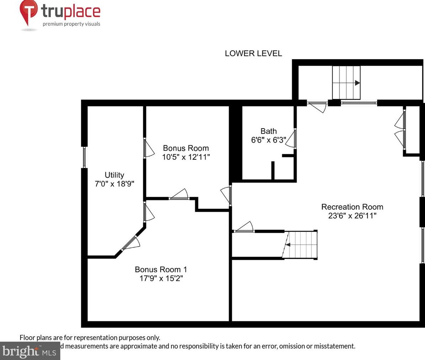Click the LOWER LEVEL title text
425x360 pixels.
point(253,54)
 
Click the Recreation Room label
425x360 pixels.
point(352,207)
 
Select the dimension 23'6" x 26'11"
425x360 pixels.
point(352,216)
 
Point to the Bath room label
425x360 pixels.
point(268,131)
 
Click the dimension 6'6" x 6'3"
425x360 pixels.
point(268,140)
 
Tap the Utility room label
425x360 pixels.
point(114,175)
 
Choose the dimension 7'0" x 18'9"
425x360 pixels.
point(114,184)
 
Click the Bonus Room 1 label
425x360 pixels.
point(160,269)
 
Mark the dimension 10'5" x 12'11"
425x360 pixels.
point(186,157)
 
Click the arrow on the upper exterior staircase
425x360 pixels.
point(357,83)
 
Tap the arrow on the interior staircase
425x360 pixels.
point(288,245)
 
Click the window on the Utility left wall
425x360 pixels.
point(84,157)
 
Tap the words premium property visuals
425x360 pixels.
point(71,24)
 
